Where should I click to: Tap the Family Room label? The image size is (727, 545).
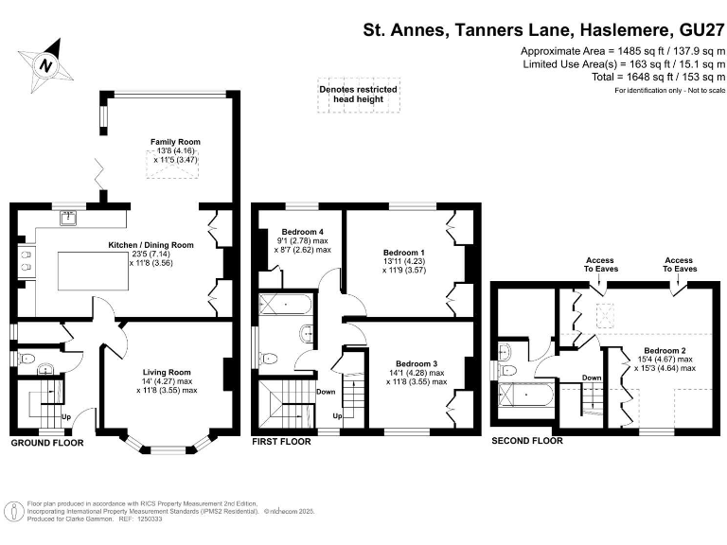point(176,142)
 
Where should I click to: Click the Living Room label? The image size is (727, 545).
point(167,372)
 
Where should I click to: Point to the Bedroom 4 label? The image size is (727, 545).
point(294,232)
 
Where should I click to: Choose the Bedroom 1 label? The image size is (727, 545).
point(403,253)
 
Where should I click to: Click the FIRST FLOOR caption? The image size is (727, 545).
point(282,442)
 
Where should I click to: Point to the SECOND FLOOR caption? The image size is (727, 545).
point(526,441)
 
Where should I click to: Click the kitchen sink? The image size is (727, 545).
point(70,218)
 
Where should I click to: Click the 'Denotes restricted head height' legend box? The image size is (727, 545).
point(358,94)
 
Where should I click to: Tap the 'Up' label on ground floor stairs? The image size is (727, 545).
point(65,416)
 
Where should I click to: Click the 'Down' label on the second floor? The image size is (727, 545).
point(592,377)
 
